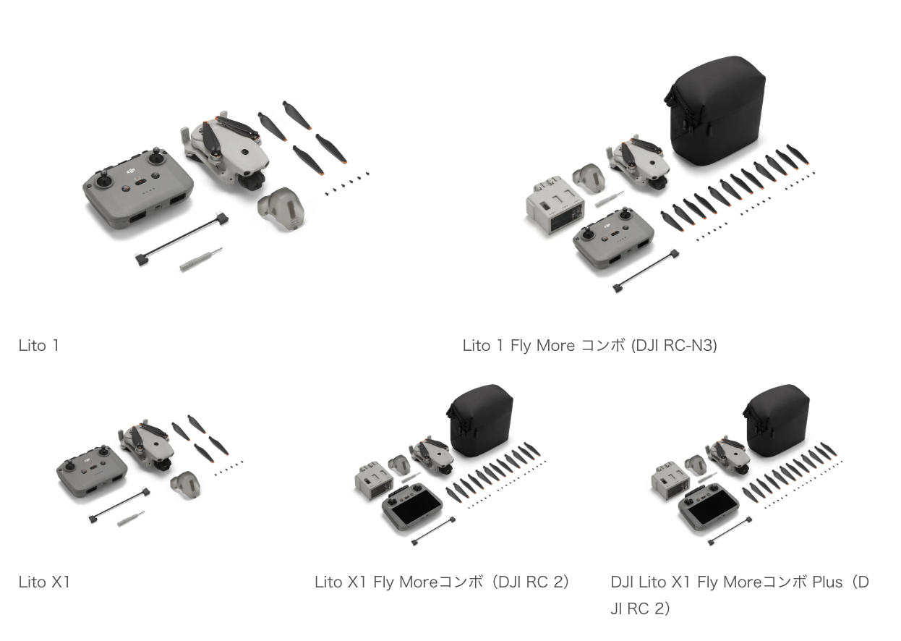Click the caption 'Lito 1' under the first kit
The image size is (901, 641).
39,346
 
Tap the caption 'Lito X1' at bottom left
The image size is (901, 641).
44,582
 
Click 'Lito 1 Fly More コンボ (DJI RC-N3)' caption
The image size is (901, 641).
589,346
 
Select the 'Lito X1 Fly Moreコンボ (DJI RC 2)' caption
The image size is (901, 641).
441,582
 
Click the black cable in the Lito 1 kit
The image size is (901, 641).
182,241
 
